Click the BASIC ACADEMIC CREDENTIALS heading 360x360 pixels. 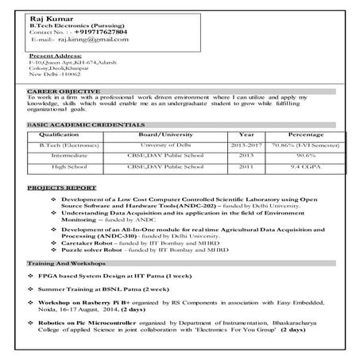pos(86,126)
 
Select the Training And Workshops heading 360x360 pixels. pos(67,262)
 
